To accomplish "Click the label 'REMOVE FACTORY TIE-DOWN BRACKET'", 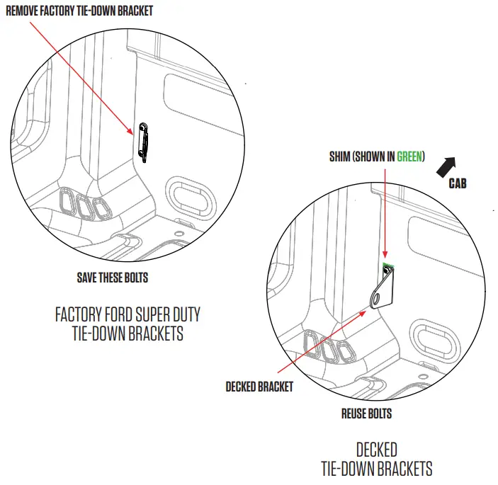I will [79, 11].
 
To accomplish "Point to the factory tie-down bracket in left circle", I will [144, 142].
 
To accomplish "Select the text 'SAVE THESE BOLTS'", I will [113, 278].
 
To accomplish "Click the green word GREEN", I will [409, 157].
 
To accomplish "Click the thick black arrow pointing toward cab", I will [445, 167].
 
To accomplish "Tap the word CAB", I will [457, 183].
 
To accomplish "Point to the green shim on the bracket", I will [389, 268].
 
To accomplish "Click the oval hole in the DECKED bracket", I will [383, 290].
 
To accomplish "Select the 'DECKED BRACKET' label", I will [259, 387].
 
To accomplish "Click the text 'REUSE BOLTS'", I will [366, 413].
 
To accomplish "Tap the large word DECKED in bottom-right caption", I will [376, 450].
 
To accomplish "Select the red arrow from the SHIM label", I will [384, 212].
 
